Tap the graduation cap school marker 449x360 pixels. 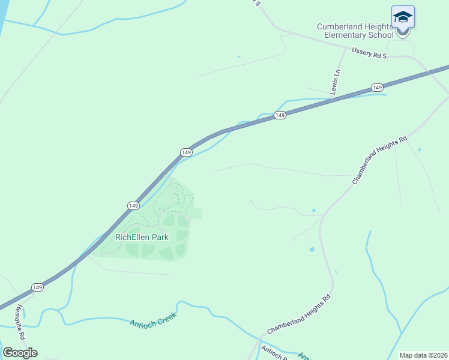[403, 17]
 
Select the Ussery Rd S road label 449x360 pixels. [370, 53]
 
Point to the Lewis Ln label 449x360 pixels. [336, 81]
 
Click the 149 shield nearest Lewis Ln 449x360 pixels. [377, 88]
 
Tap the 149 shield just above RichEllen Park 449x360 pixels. [133, 205]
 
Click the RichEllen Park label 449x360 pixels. [142, 237]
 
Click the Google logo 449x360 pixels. [20, 353]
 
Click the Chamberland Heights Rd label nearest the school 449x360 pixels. [379, 160]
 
